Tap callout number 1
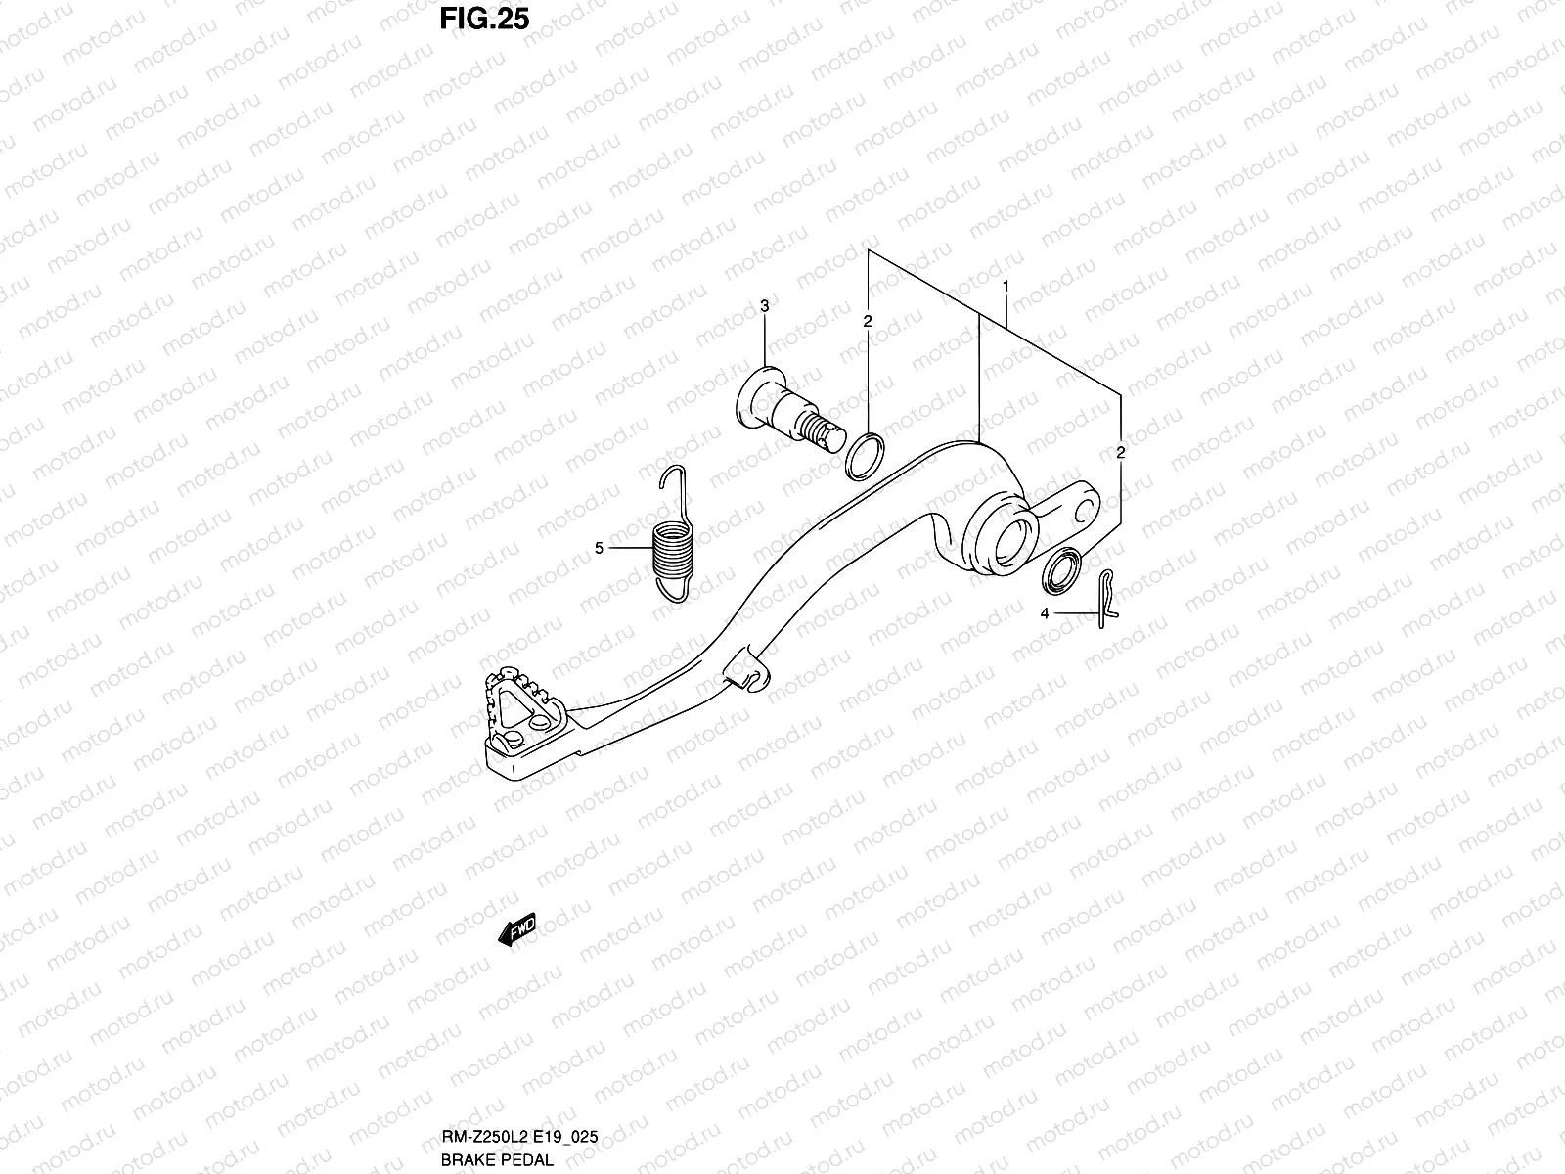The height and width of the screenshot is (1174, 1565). (x=1005, y=286)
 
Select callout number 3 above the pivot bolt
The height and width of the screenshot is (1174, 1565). (x=765, y=307)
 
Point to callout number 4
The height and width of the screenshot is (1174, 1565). (x=1045, y=613)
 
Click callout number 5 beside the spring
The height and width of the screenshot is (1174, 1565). (x=599, y=548)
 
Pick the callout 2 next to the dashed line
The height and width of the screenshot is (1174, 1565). (x=867, y=320)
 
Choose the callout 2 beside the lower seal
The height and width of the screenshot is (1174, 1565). (x=1121, y=452)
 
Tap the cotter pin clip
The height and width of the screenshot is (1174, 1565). (x=1106, y=597)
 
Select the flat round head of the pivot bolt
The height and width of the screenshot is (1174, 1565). (x=755, y=394)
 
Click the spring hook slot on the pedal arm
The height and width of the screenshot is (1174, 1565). (x=746, y=674)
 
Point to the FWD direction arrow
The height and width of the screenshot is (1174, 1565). (x=517, y=930)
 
